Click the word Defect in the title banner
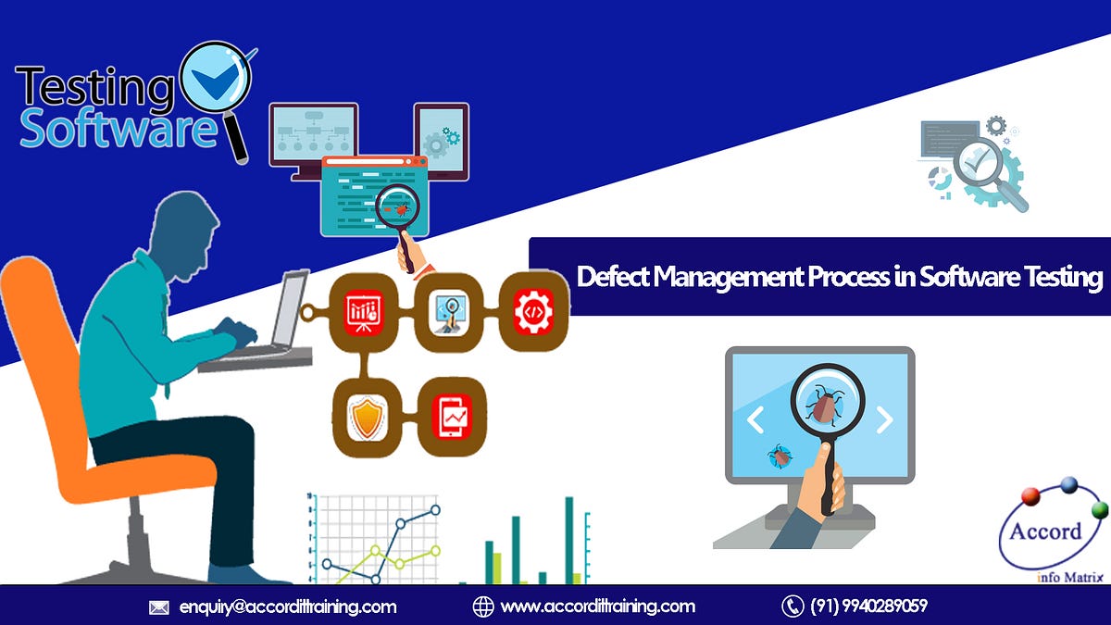tap(613, 277)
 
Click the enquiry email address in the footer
tap(287, 606)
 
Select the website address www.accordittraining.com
tap(597, 606)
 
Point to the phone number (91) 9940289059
tap(868, 606)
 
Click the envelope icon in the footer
tap(159, 607)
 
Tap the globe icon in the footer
tap(482, 606)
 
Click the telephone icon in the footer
tap(792, 606)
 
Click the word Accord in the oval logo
tap(1046, 531)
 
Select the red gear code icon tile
tap(533, 311)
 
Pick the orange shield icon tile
tap(367, 418)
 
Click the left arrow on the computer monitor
tap(755, 420)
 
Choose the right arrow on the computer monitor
tap(884, 420)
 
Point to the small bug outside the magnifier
tap(780, 455)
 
